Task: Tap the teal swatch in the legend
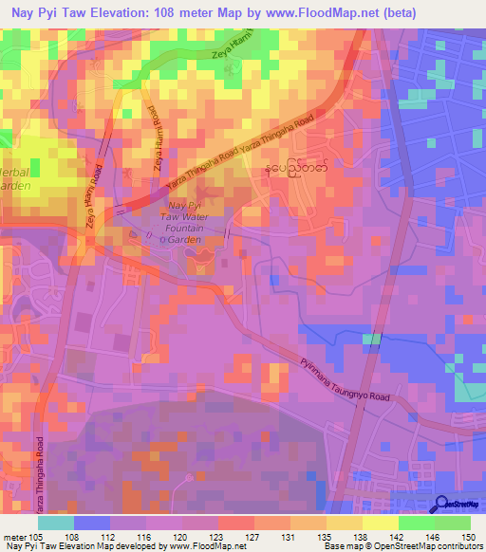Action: click(x=56, y=523)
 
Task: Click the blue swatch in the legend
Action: click(x=92, y=523)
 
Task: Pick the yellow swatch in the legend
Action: click(x=380, y=523)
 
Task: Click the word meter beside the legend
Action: click(x=14, y=536)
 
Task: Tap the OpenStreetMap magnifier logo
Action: click(x=444, y=505)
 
